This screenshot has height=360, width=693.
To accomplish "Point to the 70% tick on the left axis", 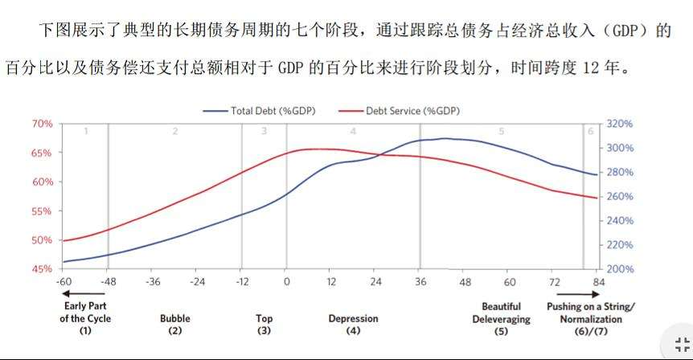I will tap(42, 124).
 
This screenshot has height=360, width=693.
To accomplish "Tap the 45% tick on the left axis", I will tap(42, 269).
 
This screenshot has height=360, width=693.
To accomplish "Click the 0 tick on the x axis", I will tap(286, 283).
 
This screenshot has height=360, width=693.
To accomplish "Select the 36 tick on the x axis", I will tap(420, 283).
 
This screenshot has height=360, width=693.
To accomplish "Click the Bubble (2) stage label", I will tap(175, 324).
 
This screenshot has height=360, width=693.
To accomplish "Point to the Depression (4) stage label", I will tap(353, 324).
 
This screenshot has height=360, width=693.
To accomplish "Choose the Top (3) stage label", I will tap(264, 324).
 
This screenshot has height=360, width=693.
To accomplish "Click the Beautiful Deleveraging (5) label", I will tap(501, 318).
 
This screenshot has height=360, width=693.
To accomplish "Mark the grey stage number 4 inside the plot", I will tap(353, 130).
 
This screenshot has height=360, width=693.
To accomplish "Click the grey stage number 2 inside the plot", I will tap(174, 130).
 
